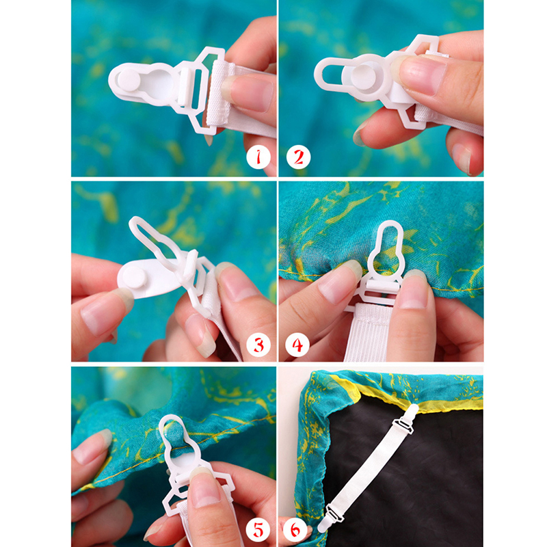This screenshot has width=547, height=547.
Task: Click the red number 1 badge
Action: click(258, 157)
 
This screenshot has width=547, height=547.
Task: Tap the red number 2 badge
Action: click(299, 157)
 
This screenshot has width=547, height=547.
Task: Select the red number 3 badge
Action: click(258, 345)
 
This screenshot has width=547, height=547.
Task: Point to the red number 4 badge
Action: click(297, 345)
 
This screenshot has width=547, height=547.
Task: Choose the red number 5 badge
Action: click(258, 530)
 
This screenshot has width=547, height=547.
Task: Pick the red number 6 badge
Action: click(295, 530)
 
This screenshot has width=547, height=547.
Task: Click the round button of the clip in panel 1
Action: click(129, 80)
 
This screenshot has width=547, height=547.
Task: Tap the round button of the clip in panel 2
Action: click(363, 77)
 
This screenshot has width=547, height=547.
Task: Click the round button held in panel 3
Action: click(135, 277)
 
